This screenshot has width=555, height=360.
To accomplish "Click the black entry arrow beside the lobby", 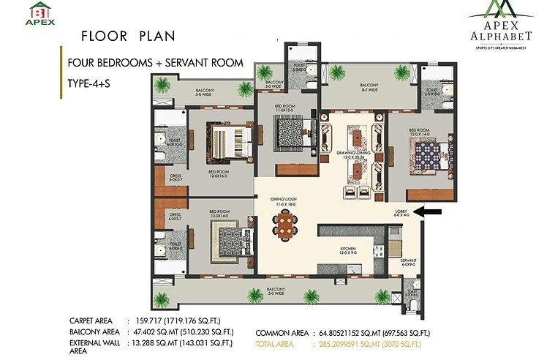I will [432, 212].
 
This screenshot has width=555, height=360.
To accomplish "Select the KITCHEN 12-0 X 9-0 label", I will [347, 251].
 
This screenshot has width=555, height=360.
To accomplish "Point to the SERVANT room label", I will [408, 261].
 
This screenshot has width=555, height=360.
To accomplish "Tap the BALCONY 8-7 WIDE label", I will [369, 87].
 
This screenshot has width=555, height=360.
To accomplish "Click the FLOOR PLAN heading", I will [116, 36].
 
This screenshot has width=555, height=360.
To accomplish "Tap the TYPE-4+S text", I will [86, 85].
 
